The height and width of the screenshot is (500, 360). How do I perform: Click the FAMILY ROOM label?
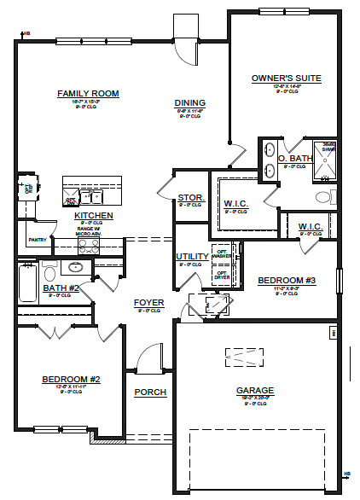87,93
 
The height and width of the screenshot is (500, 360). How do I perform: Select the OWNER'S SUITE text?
286,78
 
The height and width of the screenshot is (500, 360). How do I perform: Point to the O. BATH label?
295,158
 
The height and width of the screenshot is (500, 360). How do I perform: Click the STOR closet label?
189,197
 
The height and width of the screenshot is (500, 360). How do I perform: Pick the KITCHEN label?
93,216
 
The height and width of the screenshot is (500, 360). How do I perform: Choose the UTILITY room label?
191,256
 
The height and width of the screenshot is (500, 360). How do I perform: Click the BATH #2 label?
61,288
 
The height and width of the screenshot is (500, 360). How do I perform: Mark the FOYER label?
148,303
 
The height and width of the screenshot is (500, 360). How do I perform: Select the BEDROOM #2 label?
72,379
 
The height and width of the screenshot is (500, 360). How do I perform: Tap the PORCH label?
150,392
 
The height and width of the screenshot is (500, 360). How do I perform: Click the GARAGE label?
255,391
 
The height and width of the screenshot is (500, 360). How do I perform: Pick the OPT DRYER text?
221,275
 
